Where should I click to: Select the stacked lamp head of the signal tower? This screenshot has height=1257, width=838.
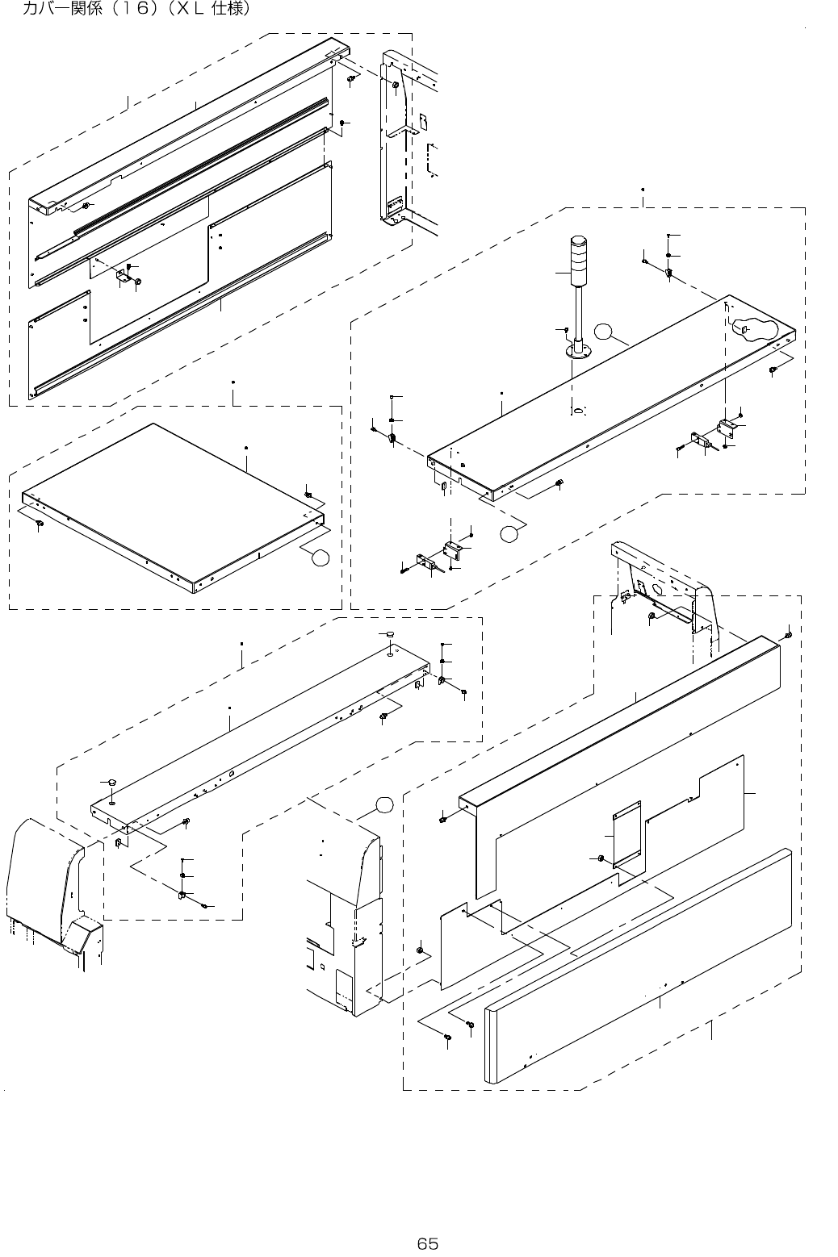(x=579, y=260)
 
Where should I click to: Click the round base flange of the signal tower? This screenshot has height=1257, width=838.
(x=579, y=352)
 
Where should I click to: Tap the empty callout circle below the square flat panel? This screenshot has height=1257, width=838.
(x=321, y=557)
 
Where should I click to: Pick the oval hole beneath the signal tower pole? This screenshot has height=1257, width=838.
(x=579, y=411)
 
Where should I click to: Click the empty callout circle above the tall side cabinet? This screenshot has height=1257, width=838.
(x=385, y=804)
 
